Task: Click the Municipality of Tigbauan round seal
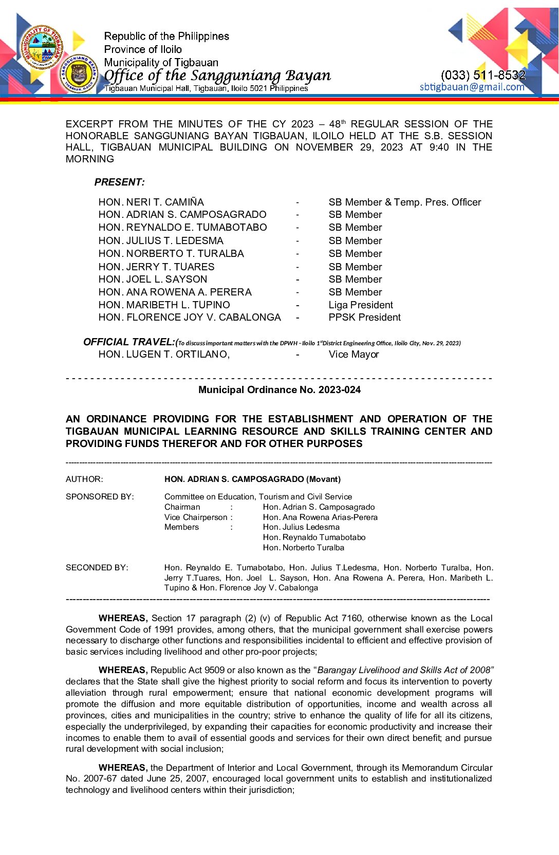(x=43, y=47)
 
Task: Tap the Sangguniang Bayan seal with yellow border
(x=79, y=74)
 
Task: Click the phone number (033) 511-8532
(x=483, y=75)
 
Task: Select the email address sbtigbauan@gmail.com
(x=472, y=87)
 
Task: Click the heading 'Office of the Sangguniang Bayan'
(x=217, y=76)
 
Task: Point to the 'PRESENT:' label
(x=119, y=182)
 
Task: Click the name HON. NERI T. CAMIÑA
(x=151, y=202)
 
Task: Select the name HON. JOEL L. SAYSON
(x=153, y=279)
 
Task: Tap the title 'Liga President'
(x=361, y=305)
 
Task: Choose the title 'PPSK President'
(x=364, y=317)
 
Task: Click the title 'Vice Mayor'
(x=353, y=354)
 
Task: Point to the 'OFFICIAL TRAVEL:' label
(x=129, y=342)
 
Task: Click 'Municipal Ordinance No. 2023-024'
(x=279, y=389)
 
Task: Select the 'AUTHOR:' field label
(x=84, y=479)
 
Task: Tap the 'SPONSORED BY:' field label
(x=100, y=496)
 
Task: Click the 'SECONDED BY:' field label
(x=97, y=567)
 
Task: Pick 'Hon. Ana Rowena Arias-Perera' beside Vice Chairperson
(x=320, y=517)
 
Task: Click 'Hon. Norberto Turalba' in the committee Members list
(x=303, y=547)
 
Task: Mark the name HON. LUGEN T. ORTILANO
(x=164, y=354)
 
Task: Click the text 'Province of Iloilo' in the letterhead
(x=143, y=49)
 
